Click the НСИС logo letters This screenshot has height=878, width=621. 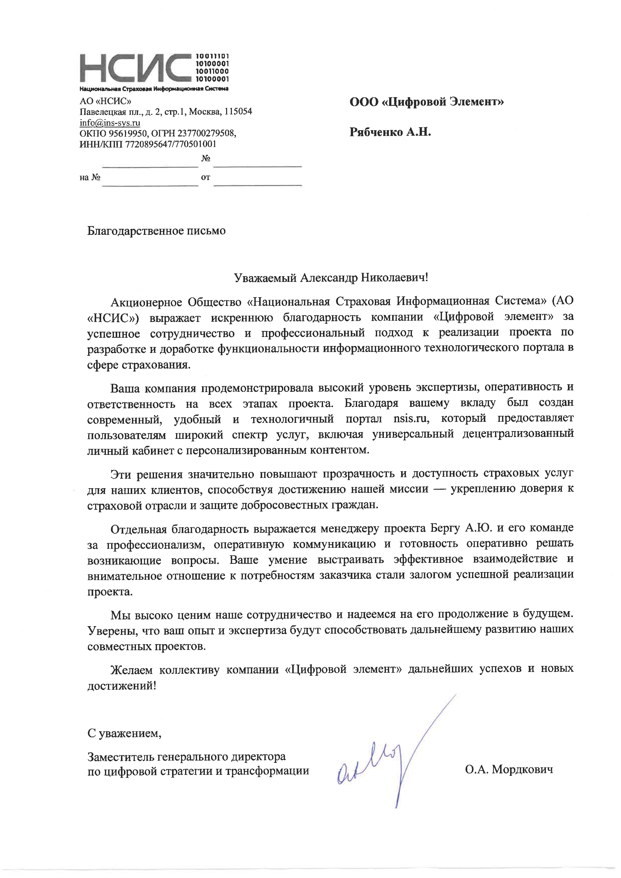(x=136, y=68)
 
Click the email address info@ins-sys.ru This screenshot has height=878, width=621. (x=110, y=123)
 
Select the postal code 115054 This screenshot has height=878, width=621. (x=238, y=112)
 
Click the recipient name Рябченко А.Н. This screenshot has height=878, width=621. (x=390, y=132)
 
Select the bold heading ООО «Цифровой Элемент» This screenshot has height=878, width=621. (x=426, y=102)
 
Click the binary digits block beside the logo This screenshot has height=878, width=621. (x=212, y=68)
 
